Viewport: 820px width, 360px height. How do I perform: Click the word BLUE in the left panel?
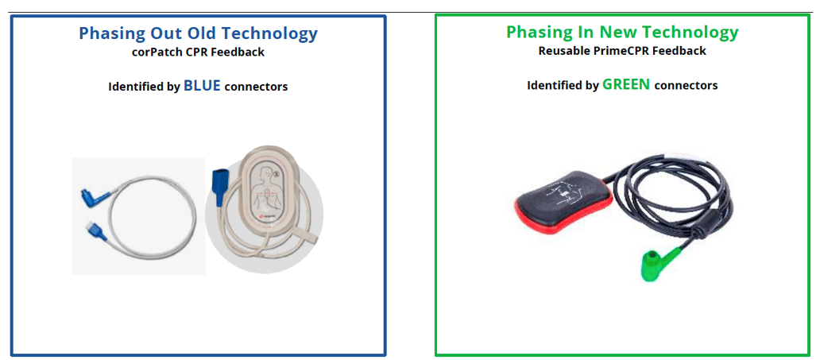[x=202, y=86]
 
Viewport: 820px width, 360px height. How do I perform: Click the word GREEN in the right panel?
[x=625, y=84]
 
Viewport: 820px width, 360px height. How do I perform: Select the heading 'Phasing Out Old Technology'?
[x=198, y=33]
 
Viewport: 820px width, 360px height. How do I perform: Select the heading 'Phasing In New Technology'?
[x=622, y=33]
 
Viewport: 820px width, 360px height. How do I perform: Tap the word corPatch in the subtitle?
[x=156, y=52]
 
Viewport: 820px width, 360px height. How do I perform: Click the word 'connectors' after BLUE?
[x=256, y=87]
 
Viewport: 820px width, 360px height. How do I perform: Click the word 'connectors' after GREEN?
[x=686, y=85]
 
